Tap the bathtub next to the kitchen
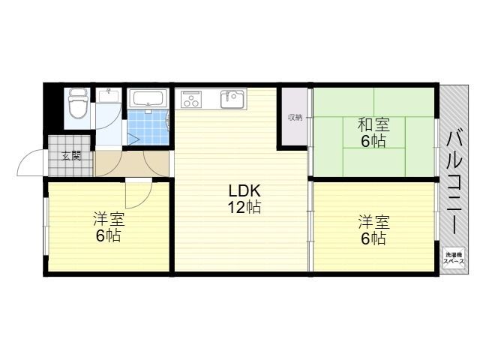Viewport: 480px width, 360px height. (x=148, y=99)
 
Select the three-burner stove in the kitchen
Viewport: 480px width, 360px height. (x=191, y=99)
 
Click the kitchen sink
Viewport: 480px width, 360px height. (x=233, y=99)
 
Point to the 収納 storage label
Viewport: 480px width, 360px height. (x=295, y=118)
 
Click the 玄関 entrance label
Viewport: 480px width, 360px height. (x=71, y=156)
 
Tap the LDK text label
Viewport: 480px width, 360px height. (x=244, y=191)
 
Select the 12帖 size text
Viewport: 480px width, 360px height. (x=244, y=208)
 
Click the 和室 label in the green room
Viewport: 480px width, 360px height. (x=373, y=124)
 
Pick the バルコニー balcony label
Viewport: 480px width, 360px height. (x=455, y=182)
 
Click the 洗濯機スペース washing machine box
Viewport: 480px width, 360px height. (x=454, y=258)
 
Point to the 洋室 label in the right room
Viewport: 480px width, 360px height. (x=374, y=223)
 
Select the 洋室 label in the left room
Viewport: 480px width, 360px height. (x=109, y=219)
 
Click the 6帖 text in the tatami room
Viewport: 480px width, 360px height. (x=373, y=141)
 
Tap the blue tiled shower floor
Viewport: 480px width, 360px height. (x=148, y=127)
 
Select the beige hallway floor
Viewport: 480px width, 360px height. (x=132, y=163)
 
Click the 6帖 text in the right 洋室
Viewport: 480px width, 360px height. (x=373, y=238)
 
